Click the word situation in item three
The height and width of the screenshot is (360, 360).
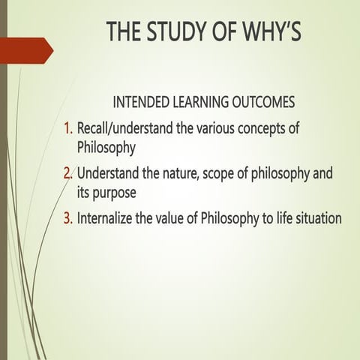316,219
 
